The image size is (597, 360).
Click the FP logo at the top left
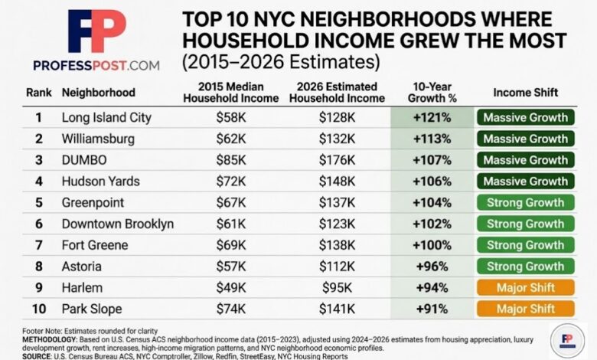pos(96,32)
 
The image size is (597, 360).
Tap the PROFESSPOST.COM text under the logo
pos(96,65)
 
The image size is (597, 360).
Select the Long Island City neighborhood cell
pos(106,118)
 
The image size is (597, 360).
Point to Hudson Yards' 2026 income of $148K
pos(337,182)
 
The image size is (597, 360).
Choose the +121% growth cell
pos(432,118)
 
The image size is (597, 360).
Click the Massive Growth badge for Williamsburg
pos(525,139)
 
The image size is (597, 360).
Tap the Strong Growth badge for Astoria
pos(525,267)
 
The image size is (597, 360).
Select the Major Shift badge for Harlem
pos(525,288)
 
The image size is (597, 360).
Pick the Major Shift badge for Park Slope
pos(525,309)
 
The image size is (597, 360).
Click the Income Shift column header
pos(525,93)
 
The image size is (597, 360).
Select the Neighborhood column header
pos(98,93)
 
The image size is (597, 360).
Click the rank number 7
pos(38,245)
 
